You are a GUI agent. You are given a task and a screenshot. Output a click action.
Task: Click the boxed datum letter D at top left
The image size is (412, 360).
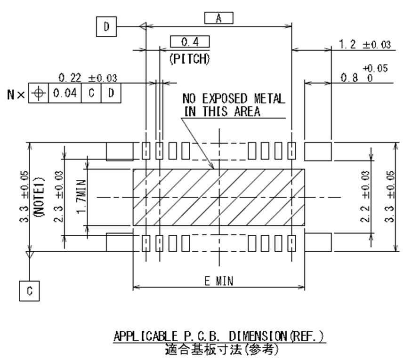point(106,27)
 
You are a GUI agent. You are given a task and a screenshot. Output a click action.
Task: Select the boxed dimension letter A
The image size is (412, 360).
point(218,18)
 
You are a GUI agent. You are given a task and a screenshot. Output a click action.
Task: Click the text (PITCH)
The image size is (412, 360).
point(189,59)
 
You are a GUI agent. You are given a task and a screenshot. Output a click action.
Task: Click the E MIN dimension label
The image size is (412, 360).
point(218,281)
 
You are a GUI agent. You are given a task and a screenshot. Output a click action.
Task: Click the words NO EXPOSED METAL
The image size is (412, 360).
point(234,99)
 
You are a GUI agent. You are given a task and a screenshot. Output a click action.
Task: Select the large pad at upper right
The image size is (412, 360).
point(318,151)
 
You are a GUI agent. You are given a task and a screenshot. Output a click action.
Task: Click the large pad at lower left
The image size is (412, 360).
point(120,242)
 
